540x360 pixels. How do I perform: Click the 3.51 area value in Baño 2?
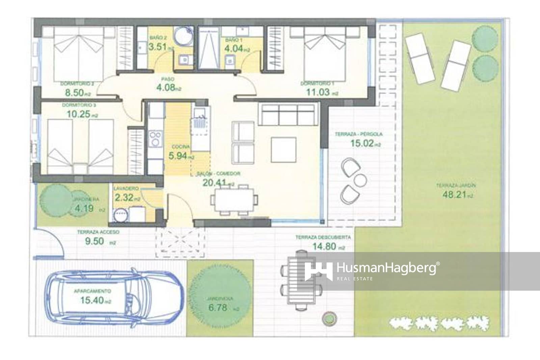158,47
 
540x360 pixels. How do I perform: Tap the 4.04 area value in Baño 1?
234,48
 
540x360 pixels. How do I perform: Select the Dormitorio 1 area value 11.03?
317,92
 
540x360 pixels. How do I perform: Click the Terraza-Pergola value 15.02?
361,143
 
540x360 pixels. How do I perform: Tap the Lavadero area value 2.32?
124,198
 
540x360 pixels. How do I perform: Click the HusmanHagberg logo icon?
318,271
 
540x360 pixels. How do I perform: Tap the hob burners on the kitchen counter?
156,139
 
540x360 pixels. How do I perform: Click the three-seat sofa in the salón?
288,114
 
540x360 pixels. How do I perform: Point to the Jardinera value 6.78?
218,308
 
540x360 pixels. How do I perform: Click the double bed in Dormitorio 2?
79,54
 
